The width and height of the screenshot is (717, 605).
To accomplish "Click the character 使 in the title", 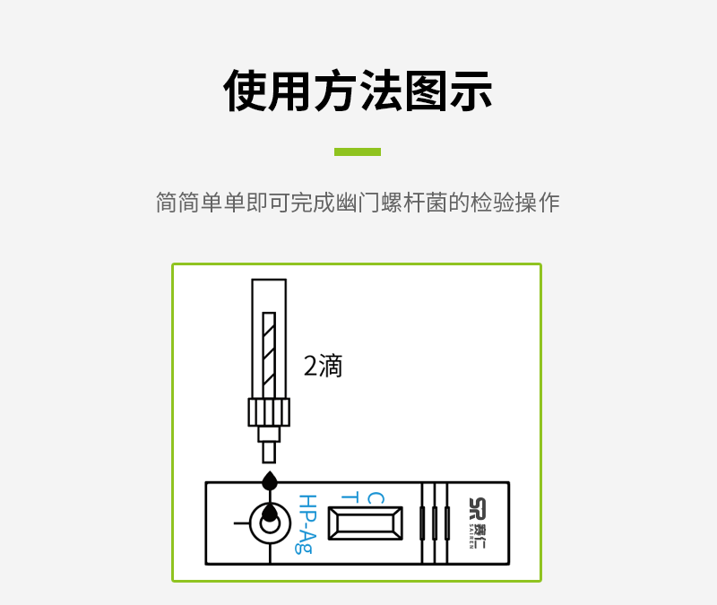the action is [246, 91].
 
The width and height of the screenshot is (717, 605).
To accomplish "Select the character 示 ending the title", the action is [471, 91].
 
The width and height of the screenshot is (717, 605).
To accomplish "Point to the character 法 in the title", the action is [381, 91].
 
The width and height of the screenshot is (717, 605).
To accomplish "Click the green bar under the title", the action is [358, 151].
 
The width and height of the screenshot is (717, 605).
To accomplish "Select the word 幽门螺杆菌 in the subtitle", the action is [392, 203].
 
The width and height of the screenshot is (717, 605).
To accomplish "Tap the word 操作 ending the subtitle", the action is [538, 203].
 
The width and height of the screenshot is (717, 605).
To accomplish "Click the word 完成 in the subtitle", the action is [313, 203].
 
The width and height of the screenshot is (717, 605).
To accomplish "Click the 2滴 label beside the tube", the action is [323, 366].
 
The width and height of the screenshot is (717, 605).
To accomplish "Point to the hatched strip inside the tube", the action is [269, 355].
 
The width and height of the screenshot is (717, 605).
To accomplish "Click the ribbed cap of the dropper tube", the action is [269, 412].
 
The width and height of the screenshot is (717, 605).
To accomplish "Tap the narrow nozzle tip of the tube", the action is [269, 453].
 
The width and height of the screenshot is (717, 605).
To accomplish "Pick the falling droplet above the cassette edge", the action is [270, 480].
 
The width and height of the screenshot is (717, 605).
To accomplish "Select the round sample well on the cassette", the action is [270, 523].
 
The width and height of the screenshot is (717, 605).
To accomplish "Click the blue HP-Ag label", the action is [307, 524].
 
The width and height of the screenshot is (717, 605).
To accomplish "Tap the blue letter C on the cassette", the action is [376, 498].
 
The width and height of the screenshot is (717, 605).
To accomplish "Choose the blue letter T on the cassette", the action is [350, 497].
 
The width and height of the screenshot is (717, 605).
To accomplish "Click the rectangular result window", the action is [366, 523].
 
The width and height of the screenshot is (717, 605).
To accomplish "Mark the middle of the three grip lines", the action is [435, 523].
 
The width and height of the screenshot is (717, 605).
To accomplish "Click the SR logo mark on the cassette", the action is [478, 509].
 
